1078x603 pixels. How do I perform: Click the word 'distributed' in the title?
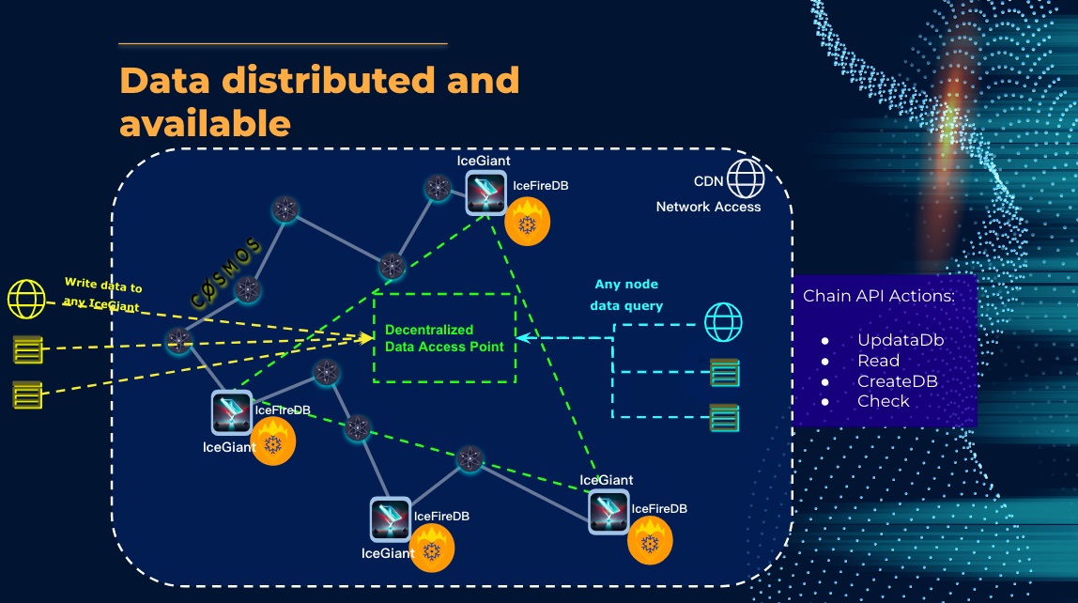click(x=331, y=81)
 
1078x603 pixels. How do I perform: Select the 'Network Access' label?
click(x=708, y=207)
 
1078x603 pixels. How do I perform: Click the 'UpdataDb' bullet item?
click(x=900, y=340)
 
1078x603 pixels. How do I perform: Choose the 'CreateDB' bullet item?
click(x=897, y=381)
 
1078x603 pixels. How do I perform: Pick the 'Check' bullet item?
click(x=883, y=401)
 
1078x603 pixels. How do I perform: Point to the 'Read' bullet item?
click(x=878, y=361)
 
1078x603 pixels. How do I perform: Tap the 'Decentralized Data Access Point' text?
click(x=444, y=338)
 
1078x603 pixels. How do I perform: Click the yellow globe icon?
click(x=26, y=299)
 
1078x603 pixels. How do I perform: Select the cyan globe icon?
click(x=724, y=322)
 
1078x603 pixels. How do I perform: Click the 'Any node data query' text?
click(x=626, y=295)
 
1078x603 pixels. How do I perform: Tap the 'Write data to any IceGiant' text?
click(x=102, y=294)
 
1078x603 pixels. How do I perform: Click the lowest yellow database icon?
click(x=27, y=394)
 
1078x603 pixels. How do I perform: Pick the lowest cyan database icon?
click(x=724, y=417)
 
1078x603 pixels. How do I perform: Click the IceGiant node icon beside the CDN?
click(x=485, y=193)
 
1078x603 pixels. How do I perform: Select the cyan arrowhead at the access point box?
click(x=520, y=335)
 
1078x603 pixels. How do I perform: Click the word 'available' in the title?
click(x=205, y=122)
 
